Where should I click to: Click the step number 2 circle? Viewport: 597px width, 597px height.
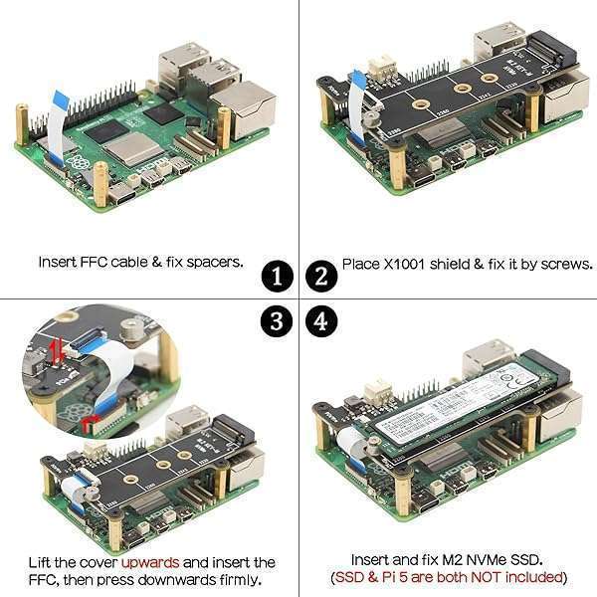(x=320, y=275)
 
